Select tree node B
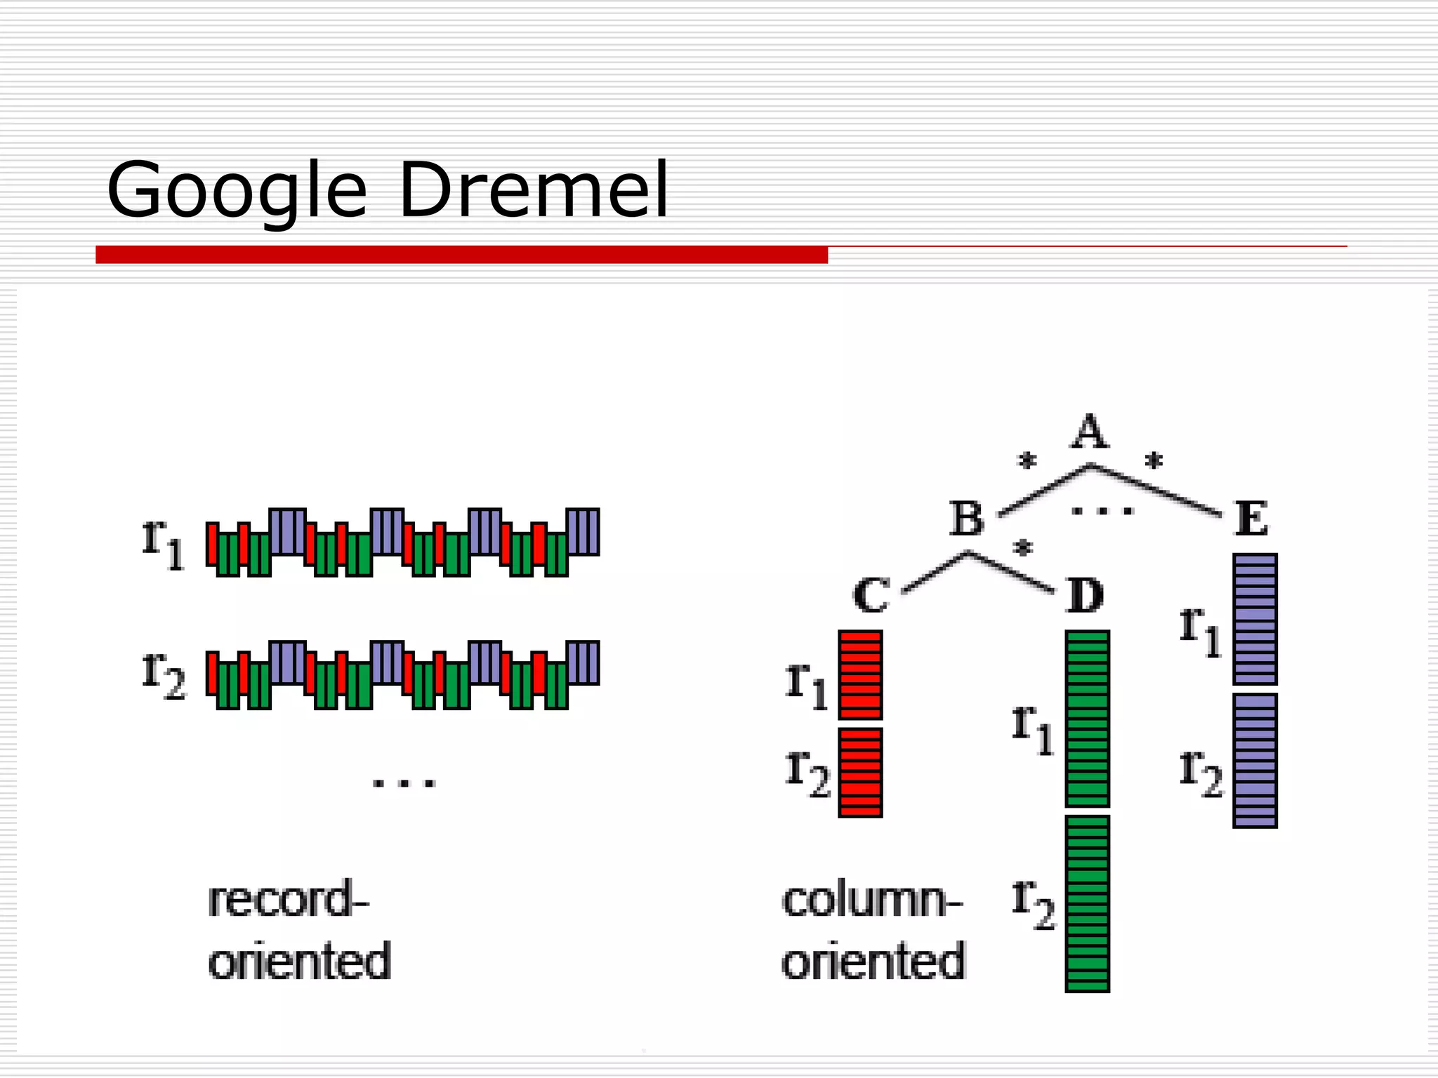pos(967,519)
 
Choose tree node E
pos(1252,519)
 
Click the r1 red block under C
pos(860,674)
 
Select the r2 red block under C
pos(860,773)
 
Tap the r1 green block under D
pos(1087,719)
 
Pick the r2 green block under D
pos(1087,903)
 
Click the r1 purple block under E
pos(1255,619)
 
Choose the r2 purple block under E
pos(1255,761)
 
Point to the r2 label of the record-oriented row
pos(163,674)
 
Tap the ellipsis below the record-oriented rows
pos(404,783)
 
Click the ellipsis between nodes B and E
pos(1102,512)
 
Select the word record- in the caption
pos(288,900)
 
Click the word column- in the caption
pos(871,900)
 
